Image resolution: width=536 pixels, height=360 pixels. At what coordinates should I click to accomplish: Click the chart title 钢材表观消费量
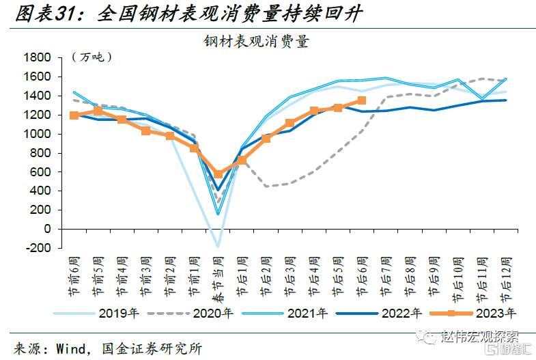coord(256,42)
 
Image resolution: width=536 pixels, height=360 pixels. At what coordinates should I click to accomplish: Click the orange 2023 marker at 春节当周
coord(218,174)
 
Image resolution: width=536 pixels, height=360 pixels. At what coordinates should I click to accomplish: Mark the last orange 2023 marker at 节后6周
coord(362,100)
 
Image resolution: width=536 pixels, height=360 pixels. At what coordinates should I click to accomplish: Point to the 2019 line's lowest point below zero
coord(218,247)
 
